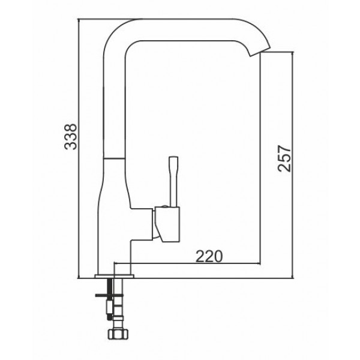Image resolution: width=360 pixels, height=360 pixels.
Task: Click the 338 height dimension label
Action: pyautogui.click(x=71, y=137)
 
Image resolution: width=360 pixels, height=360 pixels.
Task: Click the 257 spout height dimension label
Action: pyautogui.click(x=284, y=158)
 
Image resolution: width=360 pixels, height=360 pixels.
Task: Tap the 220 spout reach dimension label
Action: pyautogui.click(x=209, y=256)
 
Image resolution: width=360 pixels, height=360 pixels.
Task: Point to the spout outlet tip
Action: pyautogui.click(x=260, y=52)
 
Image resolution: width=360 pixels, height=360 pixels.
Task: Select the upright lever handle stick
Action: pyautogui.click(x=173, y=182)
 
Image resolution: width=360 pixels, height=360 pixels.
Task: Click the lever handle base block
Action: pyautogui.click(x=167, y=224)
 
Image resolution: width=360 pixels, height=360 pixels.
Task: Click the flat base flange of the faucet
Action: pyautogui.click(x=115, y=276)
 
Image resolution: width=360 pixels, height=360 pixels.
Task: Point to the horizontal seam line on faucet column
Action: pyautogui.click(x=114, y=158)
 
